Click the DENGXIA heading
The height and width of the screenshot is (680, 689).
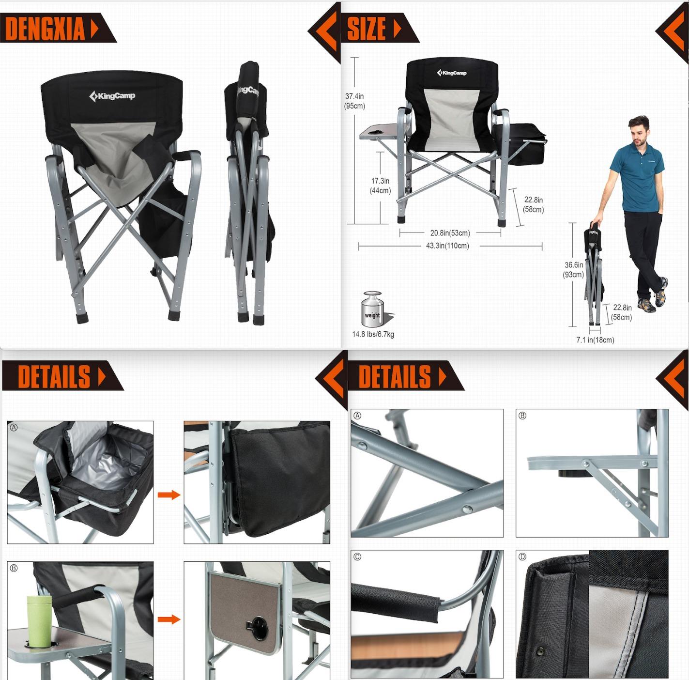(x=45, y=29)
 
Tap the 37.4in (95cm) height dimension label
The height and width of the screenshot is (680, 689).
(x=354, y=101)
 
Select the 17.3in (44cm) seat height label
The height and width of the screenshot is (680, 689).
(x=380, y=186)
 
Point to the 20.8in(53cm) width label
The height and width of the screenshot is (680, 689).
(x=450, y=233)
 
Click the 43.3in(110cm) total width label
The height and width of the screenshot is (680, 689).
(x=447, y=246)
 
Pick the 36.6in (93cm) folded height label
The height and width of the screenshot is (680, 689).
(x=574, y=270)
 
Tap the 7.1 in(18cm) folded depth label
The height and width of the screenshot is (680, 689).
(x=595, y=340)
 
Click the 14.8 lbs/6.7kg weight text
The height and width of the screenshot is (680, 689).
(x=373, y=334)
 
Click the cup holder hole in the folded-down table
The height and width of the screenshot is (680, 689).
(x=259, y=628)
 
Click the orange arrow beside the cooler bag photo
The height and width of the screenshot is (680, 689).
(x=168, y=495)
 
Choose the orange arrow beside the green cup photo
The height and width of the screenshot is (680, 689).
(x=168, y=619)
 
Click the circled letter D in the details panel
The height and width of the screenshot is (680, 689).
(x=522, y=557)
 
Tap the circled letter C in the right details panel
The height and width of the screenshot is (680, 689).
(x=357, y=557)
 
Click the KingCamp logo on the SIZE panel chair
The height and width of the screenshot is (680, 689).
(x=452, y=73)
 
